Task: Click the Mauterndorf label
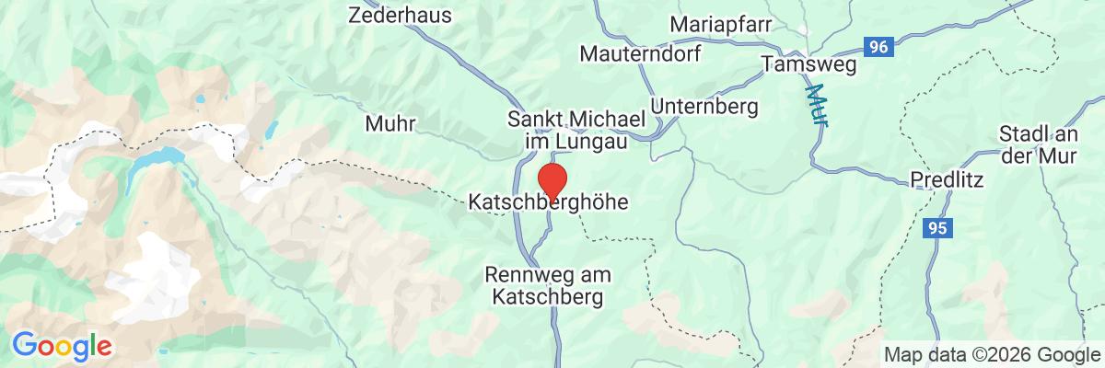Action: pos(640,54)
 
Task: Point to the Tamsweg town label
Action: pos(809,63)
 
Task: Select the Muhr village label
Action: pos(390,123)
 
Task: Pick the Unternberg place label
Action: pos(704,107)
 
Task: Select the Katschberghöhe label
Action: pos(549,201)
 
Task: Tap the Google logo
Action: pos(62,347)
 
